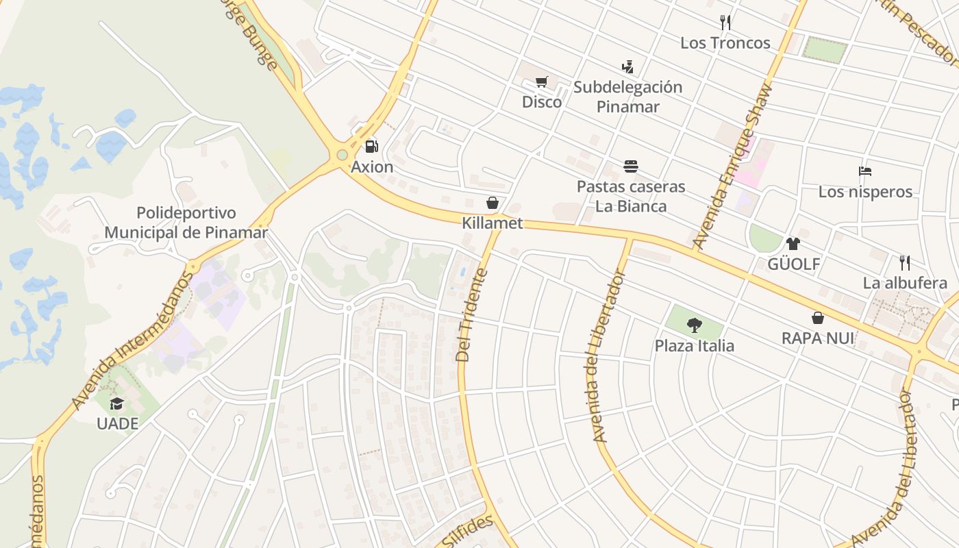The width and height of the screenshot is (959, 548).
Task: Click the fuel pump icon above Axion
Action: click(x=371, y=146)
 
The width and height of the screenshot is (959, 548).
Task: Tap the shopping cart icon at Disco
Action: click(x=541, y=82)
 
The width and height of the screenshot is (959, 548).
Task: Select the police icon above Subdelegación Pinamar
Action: click(x=627, y=67)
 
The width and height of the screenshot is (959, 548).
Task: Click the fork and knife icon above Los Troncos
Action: click(x=725, y=23)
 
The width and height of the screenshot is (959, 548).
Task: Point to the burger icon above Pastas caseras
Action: click(x=631, y=166)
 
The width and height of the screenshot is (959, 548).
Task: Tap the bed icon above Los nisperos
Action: click(x=865, y=171)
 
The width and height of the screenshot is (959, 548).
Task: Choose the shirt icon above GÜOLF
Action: click(x=793, y=243)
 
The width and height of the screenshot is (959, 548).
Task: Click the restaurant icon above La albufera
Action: click(x=905, y=262)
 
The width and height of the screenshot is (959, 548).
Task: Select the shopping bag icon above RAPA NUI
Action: click(x=817, y=318)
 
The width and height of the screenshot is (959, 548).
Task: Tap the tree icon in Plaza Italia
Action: click(x=694, y=325)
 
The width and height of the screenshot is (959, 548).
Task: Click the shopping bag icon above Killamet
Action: click(x=492, y=203)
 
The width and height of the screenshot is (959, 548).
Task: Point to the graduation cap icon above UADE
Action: click(x=117, y=403)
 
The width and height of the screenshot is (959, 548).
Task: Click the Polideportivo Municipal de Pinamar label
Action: click(x=186, y=223)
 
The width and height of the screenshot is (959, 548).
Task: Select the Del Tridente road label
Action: click(x=473, y=315)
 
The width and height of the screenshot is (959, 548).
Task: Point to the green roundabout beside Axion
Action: click(x=342, y=155)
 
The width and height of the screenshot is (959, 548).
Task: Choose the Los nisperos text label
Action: click(x=865, y=192)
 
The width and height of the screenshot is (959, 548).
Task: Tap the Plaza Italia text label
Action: click(x=694, y=346)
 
